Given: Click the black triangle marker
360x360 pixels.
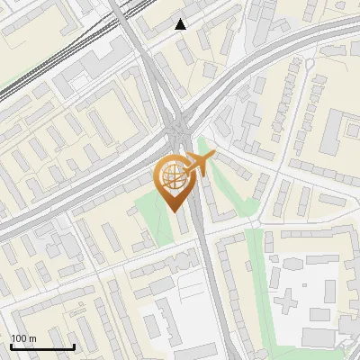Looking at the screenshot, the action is click(181, 24).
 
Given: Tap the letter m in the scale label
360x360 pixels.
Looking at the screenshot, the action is click(32, 338).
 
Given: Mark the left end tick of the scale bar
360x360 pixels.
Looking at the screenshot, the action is click(11, 346).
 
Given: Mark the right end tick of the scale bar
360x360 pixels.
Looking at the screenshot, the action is click(74, 346).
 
